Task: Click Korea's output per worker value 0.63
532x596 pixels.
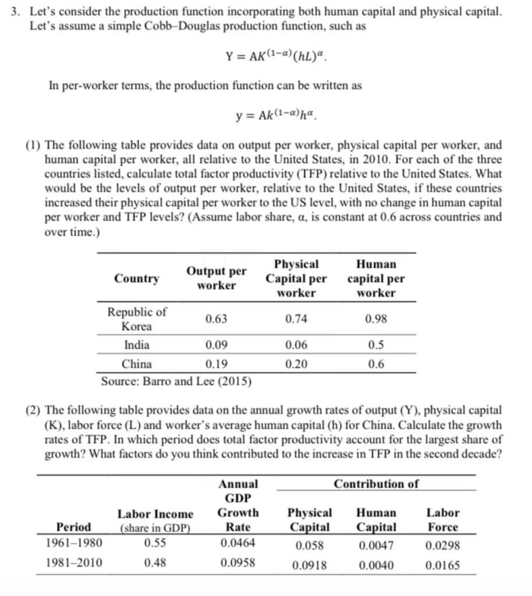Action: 216,319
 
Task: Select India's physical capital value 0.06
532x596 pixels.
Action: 296,345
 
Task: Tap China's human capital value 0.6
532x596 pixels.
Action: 376,364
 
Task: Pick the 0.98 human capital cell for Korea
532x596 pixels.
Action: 376,319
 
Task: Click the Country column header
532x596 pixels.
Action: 137,278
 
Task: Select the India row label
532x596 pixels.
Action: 137,345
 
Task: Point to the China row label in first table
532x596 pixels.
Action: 137,364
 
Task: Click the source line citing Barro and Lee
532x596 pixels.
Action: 176,382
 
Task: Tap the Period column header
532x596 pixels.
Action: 73,527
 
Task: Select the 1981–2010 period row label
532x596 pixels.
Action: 73,563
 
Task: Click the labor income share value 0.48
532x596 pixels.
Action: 155,563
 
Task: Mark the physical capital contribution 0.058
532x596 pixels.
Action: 310,545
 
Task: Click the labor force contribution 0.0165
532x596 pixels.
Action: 442,565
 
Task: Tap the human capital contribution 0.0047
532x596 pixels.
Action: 376,545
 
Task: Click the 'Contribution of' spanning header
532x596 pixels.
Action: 376,484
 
